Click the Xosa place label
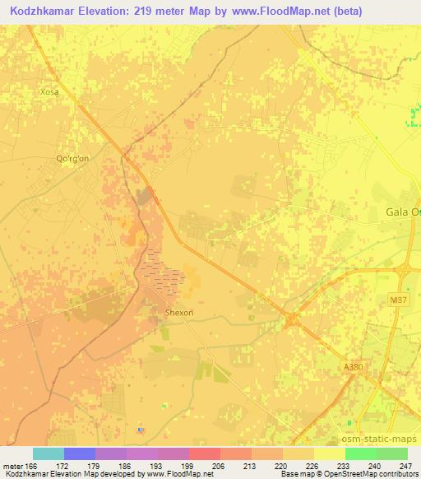pos(49,92)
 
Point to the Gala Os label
pos(402,212)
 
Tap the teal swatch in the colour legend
pos(48,453)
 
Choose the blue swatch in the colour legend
pos(79,453)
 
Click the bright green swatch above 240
pos(360,453)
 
